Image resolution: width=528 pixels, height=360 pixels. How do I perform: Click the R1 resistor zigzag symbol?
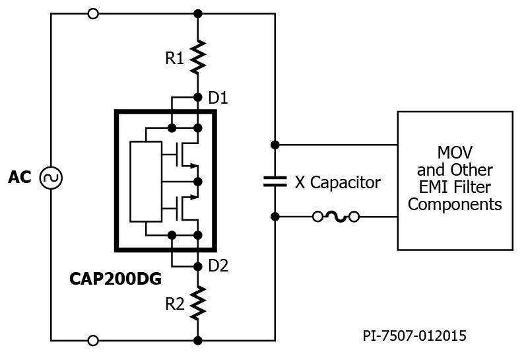[198, 56]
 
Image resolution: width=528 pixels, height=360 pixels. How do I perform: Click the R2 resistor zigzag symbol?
[198, 303]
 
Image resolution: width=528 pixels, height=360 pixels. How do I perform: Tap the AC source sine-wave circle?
[51, 178]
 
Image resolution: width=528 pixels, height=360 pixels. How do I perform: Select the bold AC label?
[20, 178]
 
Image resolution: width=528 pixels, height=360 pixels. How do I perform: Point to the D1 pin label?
[218, 98]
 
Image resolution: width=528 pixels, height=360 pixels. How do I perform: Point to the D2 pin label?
[218, 267]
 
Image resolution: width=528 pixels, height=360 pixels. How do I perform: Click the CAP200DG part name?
[115, 279]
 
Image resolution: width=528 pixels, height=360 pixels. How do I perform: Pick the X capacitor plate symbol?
[275, 180]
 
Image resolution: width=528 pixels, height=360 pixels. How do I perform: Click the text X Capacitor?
[337, 183]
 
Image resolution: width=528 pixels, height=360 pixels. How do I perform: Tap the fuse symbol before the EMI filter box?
[335, 216]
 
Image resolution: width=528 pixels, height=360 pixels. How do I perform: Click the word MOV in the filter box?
[455, 152]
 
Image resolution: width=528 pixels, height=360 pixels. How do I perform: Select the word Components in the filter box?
[455, 204]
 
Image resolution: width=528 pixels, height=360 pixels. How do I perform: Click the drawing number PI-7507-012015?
[414, 336]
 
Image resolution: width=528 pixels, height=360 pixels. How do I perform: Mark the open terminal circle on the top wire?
[93, 13]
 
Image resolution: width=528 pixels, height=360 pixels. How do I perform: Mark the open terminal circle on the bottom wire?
[93, 340]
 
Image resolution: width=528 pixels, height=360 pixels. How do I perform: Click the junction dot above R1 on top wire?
[198, 13]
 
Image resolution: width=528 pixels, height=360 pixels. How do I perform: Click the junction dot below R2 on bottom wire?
[198, 340]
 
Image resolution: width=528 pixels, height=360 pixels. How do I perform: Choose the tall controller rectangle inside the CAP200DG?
[146, 180]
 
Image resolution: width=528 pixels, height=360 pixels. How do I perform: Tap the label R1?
[174, 58]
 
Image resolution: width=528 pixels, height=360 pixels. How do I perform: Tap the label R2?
[174, 305]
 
